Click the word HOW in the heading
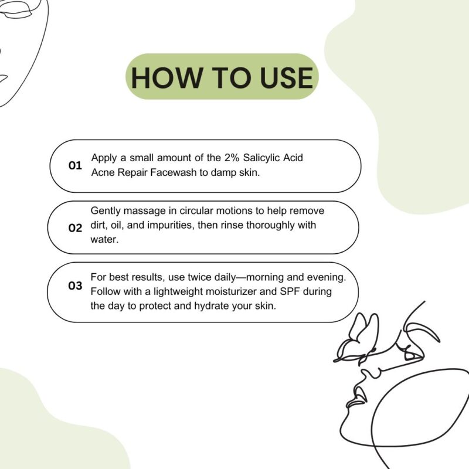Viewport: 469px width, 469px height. coord(166,77)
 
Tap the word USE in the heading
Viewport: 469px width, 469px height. coord(287,77)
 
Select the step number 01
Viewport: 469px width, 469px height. coord(75,165)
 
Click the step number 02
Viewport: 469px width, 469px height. coord(75,228)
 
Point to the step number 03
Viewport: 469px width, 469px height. coord(75,286)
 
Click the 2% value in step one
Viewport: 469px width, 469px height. coord(232,157)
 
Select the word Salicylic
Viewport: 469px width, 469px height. coord(261,158)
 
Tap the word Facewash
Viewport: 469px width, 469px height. coord(174,172)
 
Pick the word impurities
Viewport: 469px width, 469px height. coord(171,226)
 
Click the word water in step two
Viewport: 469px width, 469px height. coord(104,239)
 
